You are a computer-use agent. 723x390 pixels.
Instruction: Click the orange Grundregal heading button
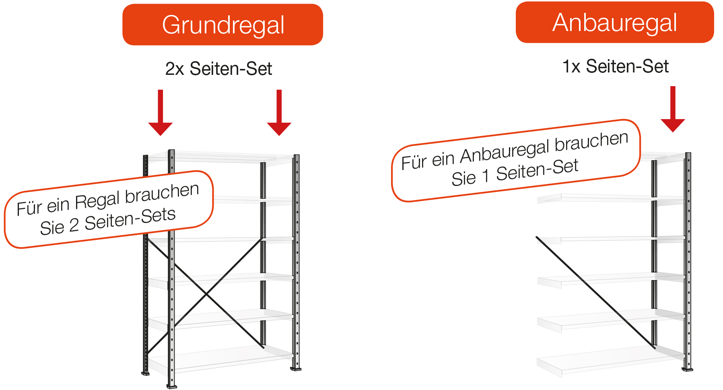point(222,25)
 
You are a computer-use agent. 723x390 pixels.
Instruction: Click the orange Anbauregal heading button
point(615,22)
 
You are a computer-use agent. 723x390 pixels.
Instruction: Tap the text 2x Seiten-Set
point(218,68)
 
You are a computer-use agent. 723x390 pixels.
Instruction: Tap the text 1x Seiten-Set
point(615,66)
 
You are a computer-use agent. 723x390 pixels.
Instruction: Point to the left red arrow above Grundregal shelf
point(161,113)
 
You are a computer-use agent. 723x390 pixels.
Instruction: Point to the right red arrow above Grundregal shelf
point(279,113)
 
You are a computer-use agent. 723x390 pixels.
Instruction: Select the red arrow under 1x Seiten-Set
point(673,109)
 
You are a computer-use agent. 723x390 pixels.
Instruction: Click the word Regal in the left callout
point(97,201)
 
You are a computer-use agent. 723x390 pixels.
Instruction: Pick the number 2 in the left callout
point(74,226)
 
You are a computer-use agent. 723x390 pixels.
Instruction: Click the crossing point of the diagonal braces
point(206,294)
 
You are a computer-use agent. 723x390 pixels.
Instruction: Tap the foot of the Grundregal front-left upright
point(172,386)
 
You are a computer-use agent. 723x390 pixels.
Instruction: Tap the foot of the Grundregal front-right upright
point(296,368)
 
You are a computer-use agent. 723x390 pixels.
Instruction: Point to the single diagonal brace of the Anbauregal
point(595,292)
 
